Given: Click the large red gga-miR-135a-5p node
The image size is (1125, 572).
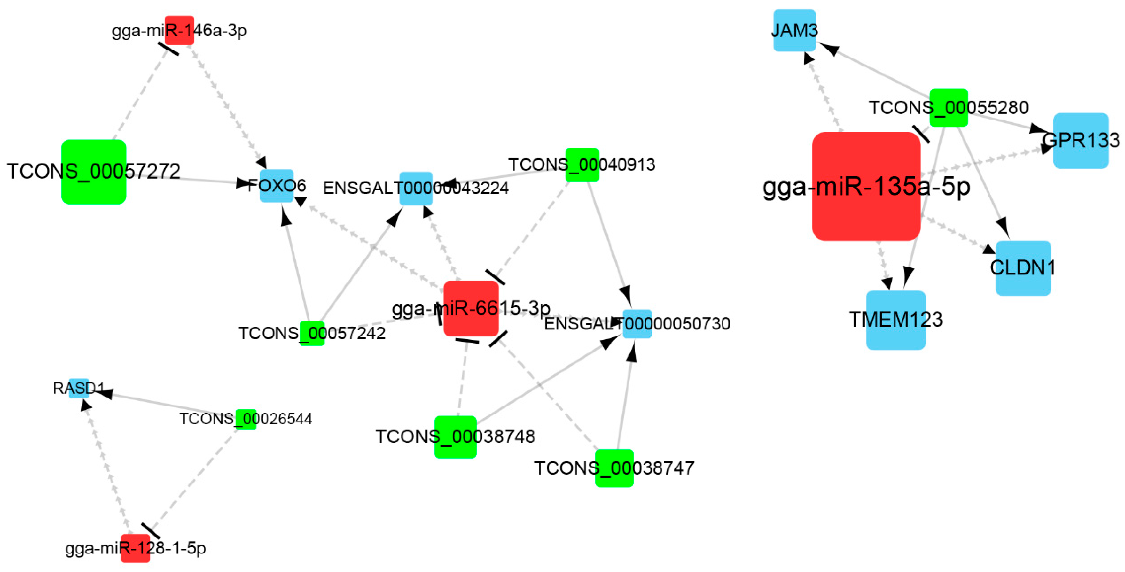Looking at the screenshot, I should [x=866, y=186].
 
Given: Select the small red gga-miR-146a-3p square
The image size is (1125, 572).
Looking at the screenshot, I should [x=179, y=31].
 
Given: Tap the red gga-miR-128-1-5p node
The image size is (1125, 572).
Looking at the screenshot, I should [x=135, y=548].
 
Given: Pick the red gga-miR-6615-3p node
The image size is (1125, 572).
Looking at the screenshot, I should [x=471, y=309].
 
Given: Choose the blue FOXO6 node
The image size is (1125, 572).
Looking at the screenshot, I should [x=277, y=186].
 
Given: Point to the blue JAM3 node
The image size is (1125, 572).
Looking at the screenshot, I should [x=794, y=31].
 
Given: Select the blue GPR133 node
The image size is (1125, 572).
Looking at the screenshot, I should [x=1081, y=141].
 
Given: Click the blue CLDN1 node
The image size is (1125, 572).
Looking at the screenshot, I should [x=1023, y=268].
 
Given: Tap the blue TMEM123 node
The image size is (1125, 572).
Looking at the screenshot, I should [x=895, y=320].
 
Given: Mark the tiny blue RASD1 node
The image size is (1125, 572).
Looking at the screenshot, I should [x=79, y=388].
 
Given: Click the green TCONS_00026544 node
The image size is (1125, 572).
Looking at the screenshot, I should [x=246, y=419].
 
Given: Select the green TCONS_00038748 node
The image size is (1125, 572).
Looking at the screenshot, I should [x=455, y=437].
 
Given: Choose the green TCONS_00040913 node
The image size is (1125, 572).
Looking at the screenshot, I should [x=582, y=165].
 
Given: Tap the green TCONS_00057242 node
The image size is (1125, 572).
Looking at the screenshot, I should [x=312, y=334].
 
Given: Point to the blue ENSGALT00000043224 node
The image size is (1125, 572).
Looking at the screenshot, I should [x=416, y=189].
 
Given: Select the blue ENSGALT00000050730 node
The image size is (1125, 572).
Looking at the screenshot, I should [x=637, y=324].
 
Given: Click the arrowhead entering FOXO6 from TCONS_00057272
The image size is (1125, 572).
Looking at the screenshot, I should [x=243, y=182].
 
